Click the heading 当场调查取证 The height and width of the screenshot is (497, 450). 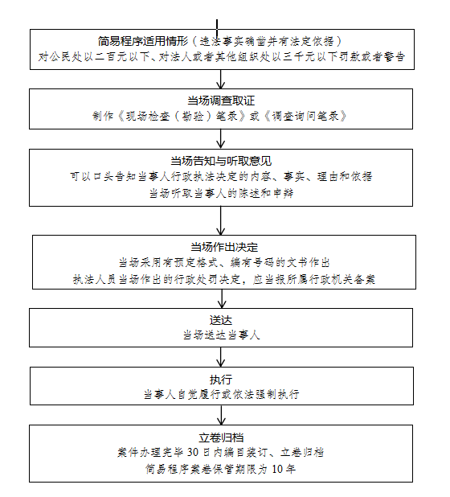(x=220, y=100)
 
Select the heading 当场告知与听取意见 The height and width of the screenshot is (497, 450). (x=220, y=160)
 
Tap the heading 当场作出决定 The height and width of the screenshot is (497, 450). (x=223, y=246)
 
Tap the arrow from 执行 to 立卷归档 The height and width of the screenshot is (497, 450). (x=221, y=415)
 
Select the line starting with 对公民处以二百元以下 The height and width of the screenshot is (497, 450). (x=220, y=57)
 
